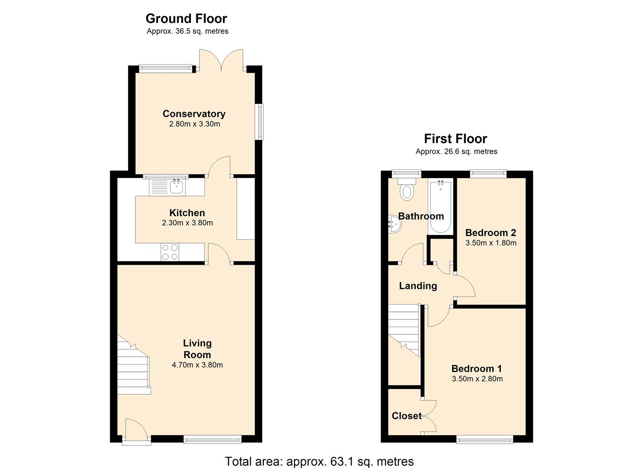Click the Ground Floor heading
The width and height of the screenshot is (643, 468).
pyautogui.click(x=186, y=19)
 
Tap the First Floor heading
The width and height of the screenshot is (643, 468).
pyautogui.click(x=456, y=139)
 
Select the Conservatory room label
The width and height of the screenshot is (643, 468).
pyautogui.click(x=194, y=114)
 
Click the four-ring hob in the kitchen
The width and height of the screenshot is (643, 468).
pyautogui.click(x=170, y=252)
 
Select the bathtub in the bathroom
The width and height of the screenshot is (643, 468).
pyautogui.click(x=440, y=207)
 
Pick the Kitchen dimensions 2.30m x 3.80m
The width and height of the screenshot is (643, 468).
pyautogui.click(x=187, y=223)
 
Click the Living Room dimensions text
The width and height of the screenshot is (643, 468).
pyautogui.click(x=197, y=365)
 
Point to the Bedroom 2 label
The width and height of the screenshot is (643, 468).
pyautogui.click(x=491, y=232)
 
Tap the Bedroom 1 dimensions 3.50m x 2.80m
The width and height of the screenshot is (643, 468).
pyautogui.click(x=477, y=379)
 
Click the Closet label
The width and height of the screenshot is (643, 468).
pyautogui.click(x=407, y=416)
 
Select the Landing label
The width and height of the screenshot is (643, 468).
pyautogui.click(x=418, y=286)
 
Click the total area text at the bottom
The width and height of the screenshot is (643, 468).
pyautogui.click(x=319, y=461)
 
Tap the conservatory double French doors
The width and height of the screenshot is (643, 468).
pyautogui.click(x=221, y=60)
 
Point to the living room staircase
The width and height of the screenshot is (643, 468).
pyautogui.click(x=134, y=364)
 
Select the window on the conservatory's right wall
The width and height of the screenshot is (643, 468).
pyautogui.click(x=260, y=122)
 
